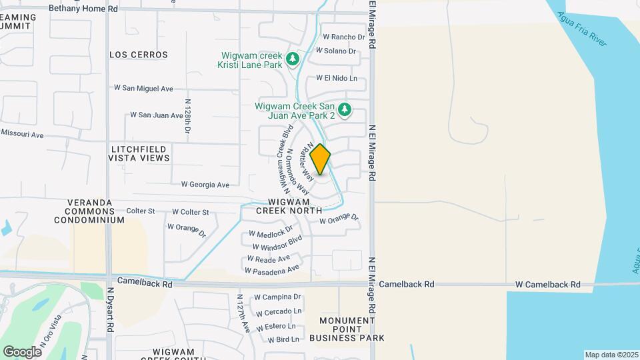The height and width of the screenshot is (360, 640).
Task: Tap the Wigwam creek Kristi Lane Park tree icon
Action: [292, 60]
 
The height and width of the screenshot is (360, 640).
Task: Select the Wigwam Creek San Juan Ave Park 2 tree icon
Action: [344, 109]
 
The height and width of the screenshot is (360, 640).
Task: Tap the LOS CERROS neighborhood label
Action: [139, 55]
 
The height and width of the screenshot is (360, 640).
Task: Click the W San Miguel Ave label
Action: [143, 88]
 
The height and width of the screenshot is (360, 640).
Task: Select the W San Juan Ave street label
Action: [157, 115]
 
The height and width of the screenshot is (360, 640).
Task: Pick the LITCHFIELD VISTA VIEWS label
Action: [140, 153]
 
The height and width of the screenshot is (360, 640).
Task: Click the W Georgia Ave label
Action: [205, 185]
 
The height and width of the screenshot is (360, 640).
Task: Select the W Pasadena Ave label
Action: [272, 270]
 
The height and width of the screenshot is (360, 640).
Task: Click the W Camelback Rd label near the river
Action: [547, 285]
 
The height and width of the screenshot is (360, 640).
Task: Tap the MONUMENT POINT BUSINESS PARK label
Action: [351, 329]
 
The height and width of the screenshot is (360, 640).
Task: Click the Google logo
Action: [22, 351]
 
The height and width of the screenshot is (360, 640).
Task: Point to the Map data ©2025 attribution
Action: [611, 355]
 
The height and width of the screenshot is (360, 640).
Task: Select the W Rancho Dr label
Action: [344, 37]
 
